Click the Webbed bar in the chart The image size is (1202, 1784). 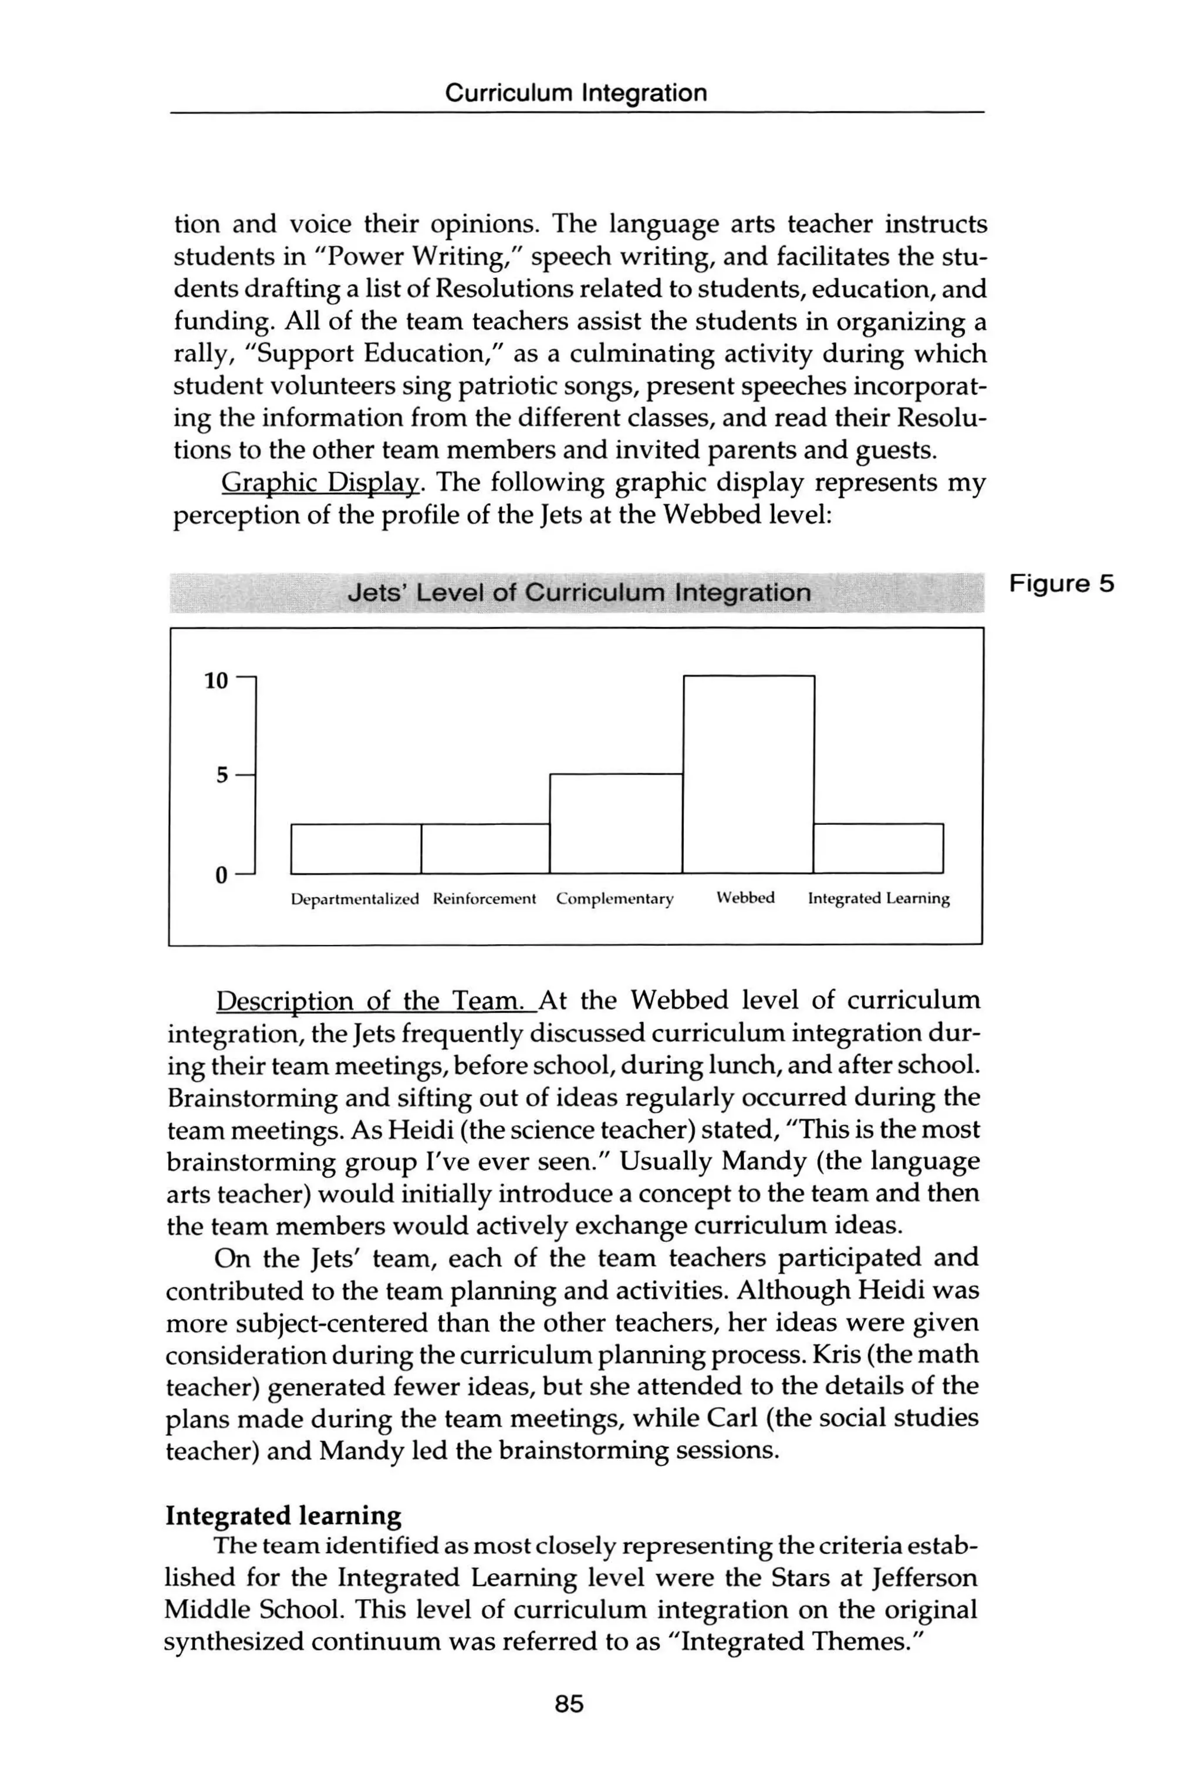click(x=748, y=774)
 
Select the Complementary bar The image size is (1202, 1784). click(x=616, y=824)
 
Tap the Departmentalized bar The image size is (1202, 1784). click(x=356, y=849)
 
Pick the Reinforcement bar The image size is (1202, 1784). click(x=485, y=849)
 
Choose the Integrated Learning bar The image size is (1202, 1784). click(x=879, y=849)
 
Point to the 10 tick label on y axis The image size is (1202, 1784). click(x=216, y=681)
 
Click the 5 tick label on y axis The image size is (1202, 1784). click(x=221, y=775)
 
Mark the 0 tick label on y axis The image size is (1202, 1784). click(x=221, y=875)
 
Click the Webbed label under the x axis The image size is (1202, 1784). click(x=745, y=898)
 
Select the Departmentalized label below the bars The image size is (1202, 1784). click(x=355, y=899)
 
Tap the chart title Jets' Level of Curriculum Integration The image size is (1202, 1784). click(x=579, y=593)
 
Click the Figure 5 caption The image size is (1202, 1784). click(x=1061, y=584)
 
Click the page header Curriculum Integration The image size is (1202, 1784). click(x=576, y=93)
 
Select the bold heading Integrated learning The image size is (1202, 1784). click(x=283, y=1516)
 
